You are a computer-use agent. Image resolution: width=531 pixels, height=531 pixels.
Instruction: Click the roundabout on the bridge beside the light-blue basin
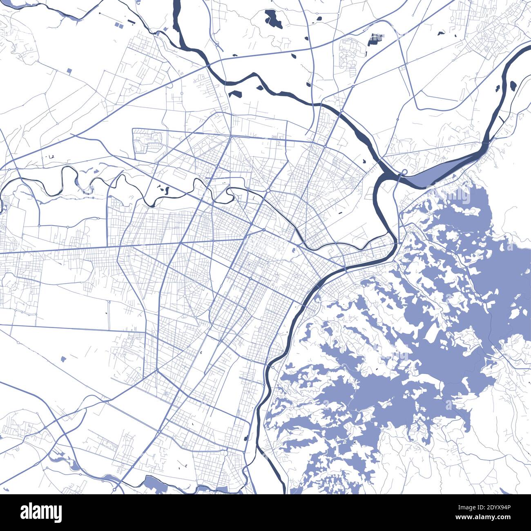point(404,172)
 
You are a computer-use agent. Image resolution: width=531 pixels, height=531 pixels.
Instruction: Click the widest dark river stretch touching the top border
point(177,12)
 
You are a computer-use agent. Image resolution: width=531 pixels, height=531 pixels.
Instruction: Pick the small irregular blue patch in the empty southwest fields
point(63,359)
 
